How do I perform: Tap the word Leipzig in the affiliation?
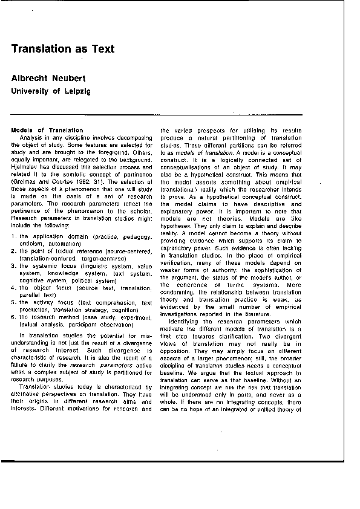point(74,91)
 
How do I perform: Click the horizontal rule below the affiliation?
point(180,113)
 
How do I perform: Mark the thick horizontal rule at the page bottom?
point(180,461)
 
